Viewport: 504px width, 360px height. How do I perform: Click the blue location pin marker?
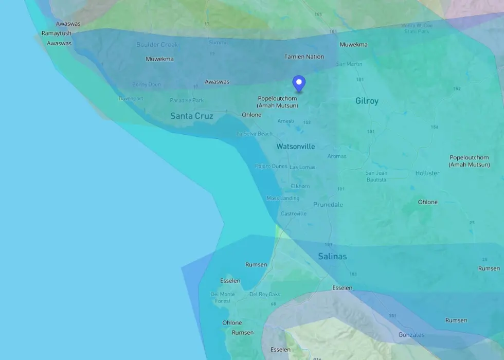[x=299, y=83]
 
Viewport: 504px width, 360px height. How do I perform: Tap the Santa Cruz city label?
[x=191, y=116]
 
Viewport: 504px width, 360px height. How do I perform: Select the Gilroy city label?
[x=367, y=101]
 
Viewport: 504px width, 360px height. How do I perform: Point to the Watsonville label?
[x=295, y=147]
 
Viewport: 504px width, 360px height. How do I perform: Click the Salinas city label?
[x=332, y=256]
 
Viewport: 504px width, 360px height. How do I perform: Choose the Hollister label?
[x=427, y=173]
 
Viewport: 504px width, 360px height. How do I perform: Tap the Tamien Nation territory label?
[x=304, y=57]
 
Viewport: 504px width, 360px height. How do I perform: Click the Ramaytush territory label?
[x=57, y=33]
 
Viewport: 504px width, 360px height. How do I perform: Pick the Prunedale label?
[x=328, y=205]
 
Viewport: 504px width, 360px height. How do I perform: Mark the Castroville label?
[x=294, y=214]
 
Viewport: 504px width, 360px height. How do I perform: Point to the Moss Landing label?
[x=283, y=199]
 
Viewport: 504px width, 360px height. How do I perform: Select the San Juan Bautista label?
[x=376, y=176]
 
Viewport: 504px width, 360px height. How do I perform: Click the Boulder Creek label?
[x=157, y=45]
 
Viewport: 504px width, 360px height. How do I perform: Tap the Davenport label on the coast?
[x=131, y=98]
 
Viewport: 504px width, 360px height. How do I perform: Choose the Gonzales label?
[x=411, y=335]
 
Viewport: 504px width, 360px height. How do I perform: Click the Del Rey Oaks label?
[x=264, y=294]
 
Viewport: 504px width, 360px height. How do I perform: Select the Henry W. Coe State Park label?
[x=417, y=28]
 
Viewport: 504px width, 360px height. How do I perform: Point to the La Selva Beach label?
[x=254, y=134]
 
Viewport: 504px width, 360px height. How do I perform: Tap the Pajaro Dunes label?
[x=271, y=166]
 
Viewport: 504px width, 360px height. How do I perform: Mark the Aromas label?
[x=337, y=156]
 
